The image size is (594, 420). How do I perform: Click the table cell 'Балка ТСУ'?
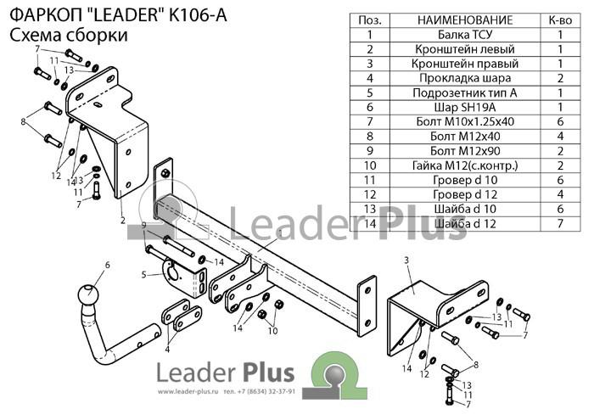tap(465, 35)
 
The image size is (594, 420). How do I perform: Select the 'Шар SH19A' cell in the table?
tap(465, 107)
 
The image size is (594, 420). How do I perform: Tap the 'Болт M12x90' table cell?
tap(465, 151)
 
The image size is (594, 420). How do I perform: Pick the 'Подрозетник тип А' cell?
tap(465, 92)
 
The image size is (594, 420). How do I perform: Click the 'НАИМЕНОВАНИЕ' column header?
tap(465, 20)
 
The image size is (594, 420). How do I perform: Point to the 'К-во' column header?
tap(560, 20)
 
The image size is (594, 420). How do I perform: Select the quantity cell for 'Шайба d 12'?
tap(560, 223)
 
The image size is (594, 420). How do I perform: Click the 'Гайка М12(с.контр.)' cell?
tap(465, 165)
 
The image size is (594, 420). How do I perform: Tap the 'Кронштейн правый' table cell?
tap(465, 64)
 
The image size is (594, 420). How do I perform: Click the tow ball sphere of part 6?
tap(88, 294)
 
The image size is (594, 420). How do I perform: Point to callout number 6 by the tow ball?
tap(107, 265)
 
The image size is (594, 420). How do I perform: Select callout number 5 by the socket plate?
tap(143, 274)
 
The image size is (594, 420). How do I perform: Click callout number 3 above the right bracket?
tap(406, 260)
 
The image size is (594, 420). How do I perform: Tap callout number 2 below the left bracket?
tap(122, 220)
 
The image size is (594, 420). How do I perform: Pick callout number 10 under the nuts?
tap(272, 331)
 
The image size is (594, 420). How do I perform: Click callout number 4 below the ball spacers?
tap(167, 350)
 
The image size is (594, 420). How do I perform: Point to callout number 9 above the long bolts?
tap(143, 226)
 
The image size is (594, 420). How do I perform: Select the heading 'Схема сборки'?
tap(69, 36)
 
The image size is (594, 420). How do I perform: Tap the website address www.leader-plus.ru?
tap(188, 392)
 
